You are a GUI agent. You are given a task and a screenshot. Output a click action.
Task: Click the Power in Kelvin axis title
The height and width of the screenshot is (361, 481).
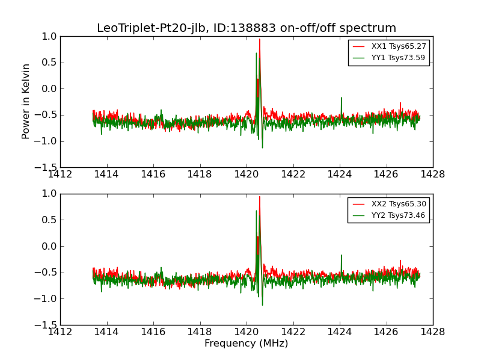click(26, 102)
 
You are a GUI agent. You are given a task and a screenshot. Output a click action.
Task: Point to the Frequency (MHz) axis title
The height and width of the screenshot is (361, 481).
click(247, 344)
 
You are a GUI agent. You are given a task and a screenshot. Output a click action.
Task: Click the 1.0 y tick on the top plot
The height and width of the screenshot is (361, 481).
click(50, 37)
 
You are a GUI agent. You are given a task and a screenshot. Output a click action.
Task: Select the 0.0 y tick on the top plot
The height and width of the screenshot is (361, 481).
click(50, 89)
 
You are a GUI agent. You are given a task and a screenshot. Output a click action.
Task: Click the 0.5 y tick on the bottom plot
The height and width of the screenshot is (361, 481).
click(50, 220)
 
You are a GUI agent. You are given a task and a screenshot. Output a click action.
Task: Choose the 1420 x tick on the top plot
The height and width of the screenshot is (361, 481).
click(247, 174)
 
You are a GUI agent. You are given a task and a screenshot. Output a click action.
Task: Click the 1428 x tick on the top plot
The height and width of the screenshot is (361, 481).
click(432, 174)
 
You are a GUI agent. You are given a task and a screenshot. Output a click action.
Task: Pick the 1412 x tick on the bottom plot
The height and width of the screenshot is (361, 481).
click(60, 332)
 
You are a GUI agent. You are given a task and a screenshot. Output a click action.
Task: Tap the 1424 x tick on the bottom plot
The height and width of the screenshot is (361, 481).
click(340, 332)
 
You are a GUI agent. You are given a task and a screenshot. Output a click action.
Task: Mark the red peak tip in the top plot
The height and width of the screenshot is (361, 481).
click(260, 40)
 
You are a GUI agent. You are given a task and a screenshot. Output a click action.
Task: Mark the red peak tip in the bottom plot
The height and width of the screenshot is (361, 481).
click(260, 197)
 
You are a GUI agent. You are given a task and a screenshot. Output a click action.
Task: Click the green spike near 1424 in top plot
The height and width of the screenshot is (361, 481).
click(341, 97)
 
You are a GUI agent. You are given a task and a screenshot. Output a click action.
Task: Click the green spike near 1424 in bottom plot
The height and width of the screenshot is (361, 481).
click(341, 255)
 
